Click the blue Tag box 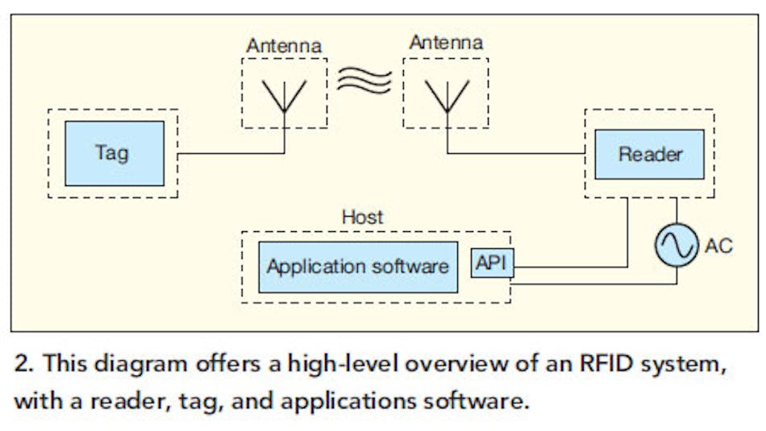[x=114, y=153]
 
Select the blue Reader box [x=649, y=153]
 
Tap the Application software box [x=357, y=267]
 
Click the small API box [x=492, y=263]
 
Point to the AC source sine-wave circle [x=676, y=246]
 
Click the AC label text [x=718, y=246]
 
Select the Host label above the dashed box [x=362, y=217]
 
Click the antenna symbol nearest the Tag [x=285, y=94]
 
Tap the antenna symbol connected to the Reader [x=446, y=94]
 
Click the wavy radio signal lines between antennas [x=365, y=81]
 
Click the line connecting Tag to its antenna [x=230, y=153]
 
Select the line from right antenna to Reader [x=516, y=153]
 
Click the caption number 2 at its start [x=23, y=363]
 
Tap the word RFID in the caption [x=602, y=363]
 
